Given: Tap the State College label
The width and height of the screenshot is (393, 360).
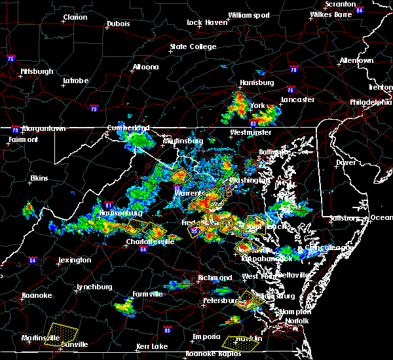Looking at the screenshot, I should pos(193,47).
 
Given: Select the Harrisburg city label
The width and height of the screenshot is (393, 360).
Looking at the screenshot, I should pos(257,83).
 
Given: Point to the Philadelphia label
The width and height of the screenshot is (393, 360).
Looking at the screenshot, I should pos(371,102).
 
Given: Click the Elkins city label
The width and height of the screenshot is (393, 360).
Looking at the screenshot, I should pos(40,178).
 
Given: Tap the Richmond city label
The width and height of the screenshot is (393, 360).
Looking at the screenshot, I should pos(215,278).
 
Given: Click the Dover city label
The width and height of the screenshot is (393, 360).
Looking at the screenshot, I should pos(346,162).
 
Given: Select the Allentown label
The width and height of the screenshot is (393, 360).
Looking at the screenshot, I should pos(356,61).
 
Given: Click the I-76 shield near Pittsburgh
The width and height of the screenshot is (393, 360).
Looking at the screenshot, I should pos(10,58).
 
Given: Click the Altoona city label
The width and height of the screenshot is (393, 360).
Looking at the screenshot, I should pos(145,67).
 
